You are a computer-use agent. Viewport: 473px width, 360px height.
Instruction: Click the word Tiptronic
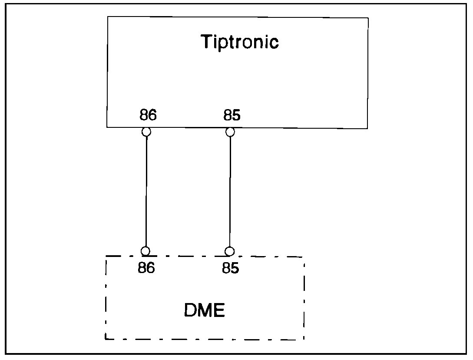tap(239, 43)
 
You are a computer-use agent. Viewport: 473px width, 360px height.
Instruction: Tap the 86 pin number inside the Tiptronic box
tap(148, 116)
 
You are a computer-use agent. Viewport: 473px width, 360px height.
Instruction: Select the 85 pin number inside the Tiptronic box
tap(232, 116)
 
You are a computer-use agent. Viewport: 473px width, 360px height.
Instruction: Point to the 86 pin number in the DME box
tap(146, 268)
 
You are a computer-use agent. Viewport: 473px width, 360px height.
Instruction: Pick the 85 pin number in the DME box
tap(231, 268)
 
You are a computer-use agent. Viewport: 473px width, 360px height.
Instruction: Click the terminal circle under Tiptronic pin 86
tap(147, 132)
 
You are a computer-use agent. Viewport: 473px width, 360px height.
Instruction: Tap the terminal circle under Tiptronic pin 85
tap(231, 132)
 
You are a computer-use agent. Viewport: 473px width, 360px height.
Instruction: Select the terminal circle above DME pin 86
tap(146, 251)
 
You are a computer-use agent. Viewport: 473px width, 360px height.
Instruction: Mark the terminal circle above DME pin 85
tap(230, 251)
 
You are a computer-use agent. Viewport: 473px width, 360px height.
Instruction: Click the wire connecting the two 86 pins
tap(146, 191)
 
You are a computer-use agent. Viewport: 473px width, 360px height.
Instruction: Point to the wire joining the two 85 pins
tap(230, 191)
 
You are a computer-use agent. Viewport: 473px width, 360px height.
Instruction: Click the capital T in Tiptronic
tap(206, 42)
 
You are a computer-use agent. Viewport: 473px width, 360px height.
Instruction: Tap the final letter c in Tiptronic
tap(274, 43)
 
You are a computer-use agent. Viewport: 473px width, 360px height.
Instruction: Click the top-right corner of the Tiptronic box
tap(368, 18)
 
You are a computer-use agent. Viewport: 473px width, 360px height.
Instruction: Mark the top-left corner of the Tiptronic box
tap(108, 17)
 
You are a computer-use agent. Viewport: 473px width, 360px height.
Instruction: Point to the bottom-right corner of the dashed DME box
tap(304, 339)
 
